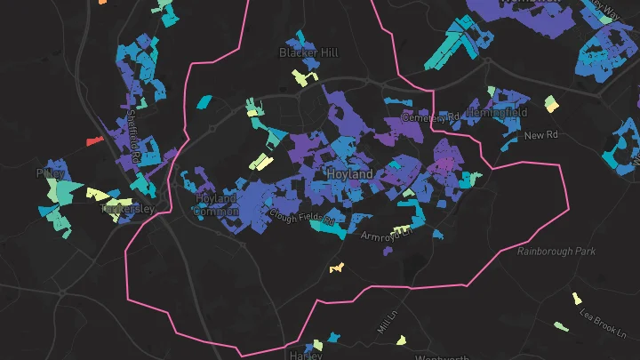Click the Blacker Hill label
click(x=308, y=53)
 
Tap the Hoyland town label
click(x=349, y=174)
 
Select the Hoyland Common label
click(x=216, y=204)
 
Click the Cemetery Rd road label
click(x=430, y=117)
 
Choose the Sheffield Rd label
click(x=135, y=132)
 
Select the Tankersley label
click(x=128, y=209)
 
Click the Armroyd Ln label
click(x=388, y=236)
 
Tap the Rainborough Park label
click(x=556, y=252)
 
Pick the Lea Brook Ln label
click(x=602, y=321)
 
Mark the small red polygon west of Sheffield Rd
click(x=92, y=141)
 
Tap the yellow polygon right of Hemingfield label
click(x=552, y=104)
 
